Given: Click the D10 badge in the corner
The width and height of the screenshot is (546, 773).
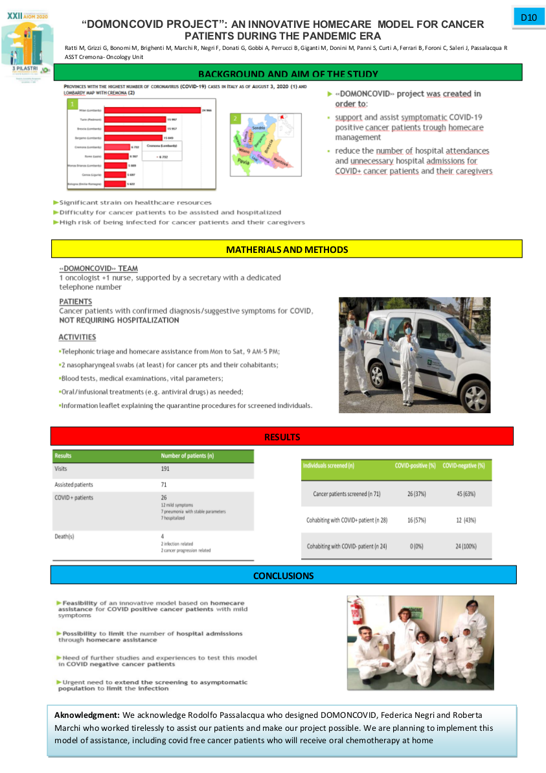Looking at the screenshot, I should point(528,18).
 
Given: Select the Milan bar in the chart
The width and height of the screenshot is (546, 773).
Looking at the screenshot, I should point(152,111).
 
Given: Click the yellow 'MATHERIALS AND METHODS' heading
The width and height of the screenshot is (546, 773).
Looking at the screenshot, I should point(286,250).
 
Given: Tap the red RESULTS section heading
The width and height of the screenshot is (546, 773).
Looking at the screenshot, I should point(282,437).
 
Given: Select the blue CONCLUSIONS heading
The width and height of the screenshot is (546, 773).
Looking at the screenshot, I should point(283,575).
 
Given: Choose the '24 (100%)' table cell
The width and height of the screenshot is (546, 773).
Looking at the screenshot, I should point(466,546).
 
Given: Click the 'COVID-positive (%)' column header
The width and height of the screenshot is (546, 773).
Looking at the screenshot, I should point(415,466).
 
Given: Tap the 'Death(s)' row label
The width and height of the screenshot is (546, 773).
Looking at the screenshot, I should point(64,536).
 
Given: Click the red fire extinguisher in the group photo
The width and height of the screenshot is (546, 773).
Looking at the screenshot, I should point(356,613).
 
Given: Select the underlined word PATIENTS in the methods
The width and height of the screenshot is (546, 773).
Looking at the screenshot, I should point(75,302).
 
